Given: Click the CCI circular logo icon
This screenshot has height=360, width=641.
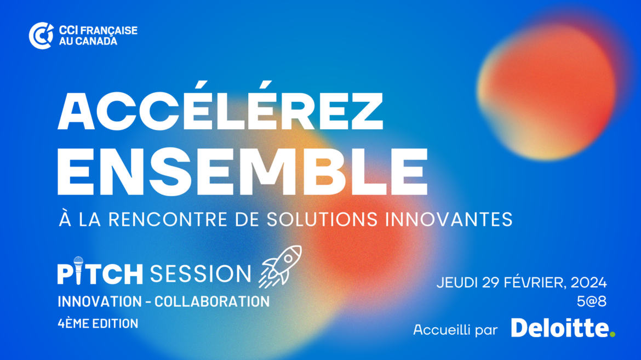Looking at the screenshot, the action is (x=41, y=36).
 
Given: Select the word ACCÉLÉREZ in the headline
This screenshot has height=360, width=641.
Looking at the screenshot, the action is (x=221, y=106).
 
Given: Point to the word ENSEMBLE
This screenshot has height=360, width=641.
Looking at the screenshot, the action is (x=242, y=172).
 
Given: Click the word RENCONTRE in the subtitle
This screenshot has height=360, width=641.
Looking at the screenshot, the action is (x=168, y=219).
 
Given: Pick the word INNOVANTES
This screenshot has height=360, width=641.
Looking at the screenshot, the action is (x=449, y=219).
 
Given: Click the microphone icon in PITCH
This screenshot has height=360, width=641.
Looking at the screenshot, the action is (x=78, y=270).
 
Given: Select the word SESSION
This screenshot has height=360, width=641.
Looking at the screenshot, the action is (x=201, y=273).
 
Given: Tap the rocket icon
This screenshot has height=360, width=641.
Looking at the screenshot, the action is (x=281, y=266).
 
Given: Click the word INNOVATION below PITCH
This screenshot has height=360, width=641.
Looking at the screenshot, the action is (x=100, y=302).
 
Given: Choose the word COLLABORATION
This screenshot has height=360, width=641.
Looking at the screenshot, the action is (x=212, y=302).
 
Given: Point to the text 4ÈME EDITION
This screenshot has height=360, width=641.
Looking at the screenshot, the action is (x=98, y=324).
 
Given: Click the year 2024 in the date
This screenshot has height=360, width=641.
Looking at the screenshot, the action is (x=588, y=282).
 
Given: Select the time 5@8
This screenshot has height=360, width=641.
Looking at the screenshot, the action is (x=592, y=301).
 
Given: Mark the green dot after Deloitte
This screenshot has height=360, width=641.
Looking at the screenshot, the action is (x=612, y=334).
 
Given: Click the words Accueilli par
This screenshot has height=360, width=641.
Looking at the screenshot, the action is (x=455, y=329).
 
